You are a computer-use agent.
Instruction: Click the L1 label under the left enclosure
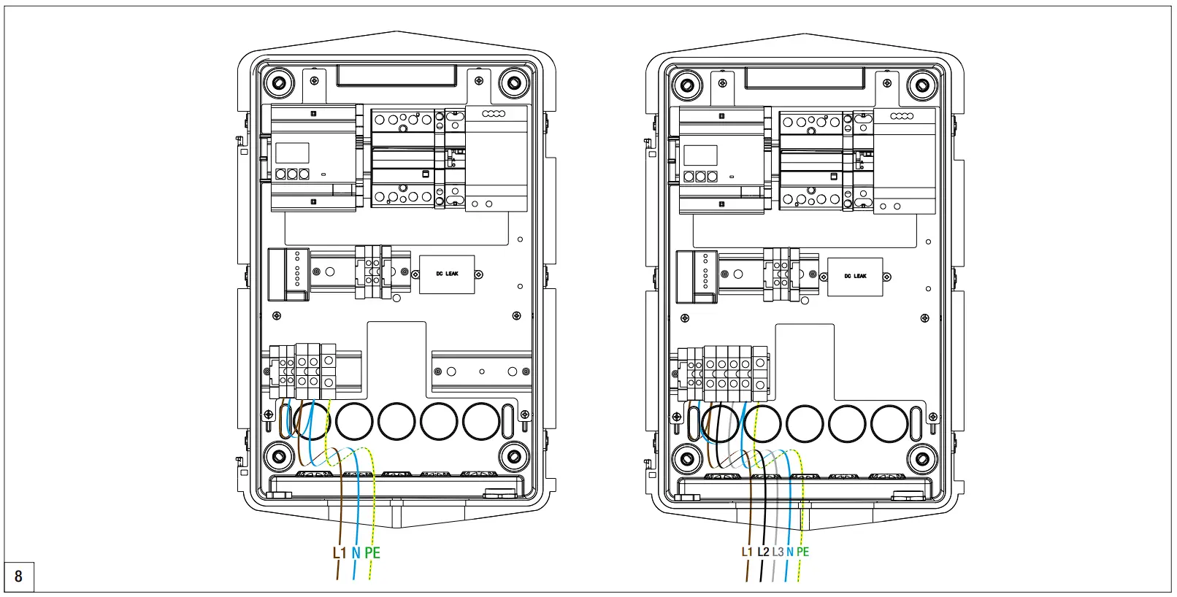click(339, 553)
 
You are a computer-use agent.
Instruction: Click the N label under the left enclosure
click(356, 553)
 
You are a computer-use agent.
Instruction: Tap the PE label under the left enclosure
click(372, 553)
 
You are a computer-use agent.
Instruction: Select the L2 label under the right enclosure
click(763, 552)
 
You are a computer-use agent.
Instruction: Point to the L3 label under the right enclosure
click(778, 552)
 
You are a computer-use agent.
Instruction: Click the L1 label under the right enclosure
click(746, 552)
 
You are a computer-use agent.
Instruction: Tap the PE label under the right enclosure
click(802, 552)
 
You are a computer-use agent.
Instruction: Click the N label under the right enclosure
click(789, 552)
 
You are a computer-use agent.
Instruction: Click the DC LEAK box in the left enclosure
click(447, 274)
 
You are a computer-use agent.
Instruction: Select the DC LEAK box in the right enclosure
click(855, 277)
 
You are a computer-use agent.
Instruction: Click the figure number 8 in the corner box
click(19, 577)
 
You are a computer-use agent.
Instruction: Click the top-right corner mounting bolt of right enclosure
click(922, 86)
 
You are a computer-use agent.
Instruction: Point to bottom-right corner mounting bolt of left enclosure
click(513, 457)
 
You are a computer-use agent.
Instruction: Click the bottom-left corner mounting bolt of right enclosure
click(686, 459)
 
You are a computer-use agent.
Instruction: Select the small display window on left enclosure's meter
click(292, 153)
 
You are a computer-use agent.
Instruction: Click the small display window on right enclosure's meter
click(700, 155)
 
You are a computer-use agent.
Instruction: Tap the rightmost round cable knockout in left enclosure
click(481, 421)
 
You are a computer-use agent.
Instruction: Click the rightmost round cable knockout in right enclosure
click(889, 423)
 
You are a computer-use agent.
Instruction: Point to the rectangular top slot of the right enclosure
click(804, 77)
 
